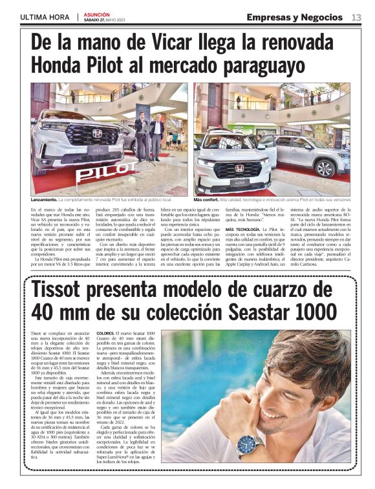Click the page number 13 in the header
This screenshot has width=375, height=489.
click(x=356, y=17)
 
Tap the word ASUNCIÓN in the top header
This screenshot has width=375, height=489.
click(x=96, y=14)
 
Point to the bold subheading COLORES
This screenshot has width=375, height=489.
click(x=107, y=332)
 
